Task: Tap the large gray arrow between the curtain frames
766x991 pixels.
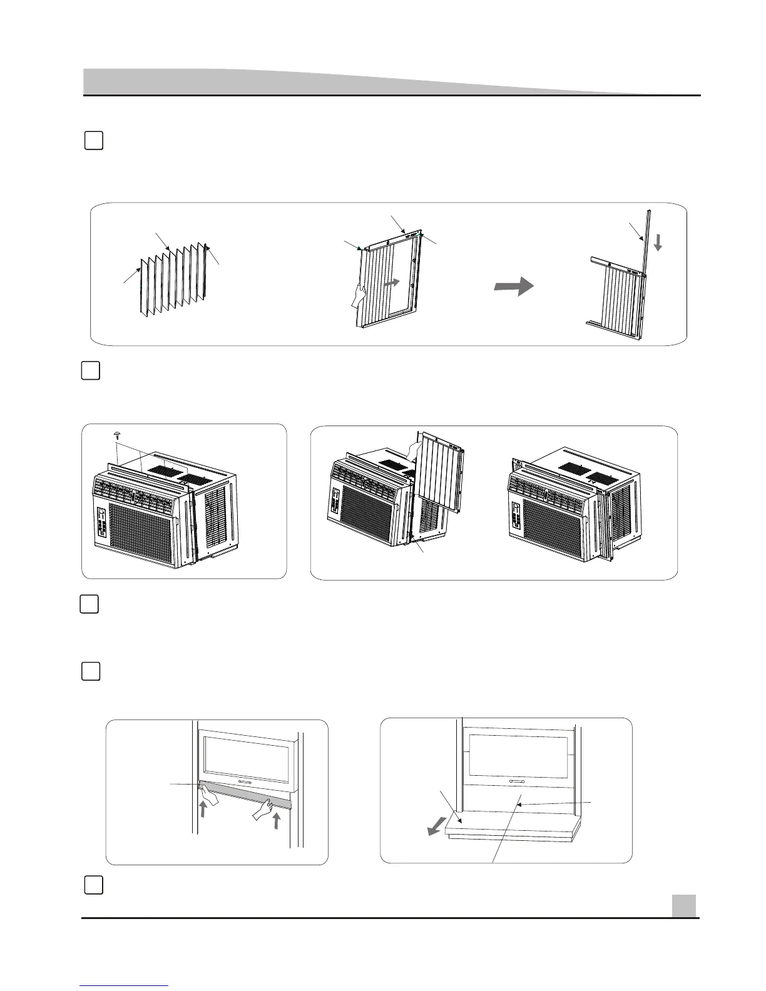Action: coord(514,287)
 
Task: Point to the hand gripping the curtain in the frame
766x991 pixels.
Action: coord(359,295)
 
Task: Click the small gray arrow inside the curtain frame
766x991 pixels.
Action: coord(391,283)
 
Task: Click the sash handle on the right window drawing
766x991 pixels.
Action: coord(517,782)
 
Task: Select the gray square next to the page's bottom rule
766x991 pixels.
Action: coord(684,905)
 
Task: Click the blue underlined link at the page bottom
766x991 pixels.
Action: coord(125,985)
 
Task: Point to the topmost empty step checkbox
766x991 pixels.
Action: coord(93,141)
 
